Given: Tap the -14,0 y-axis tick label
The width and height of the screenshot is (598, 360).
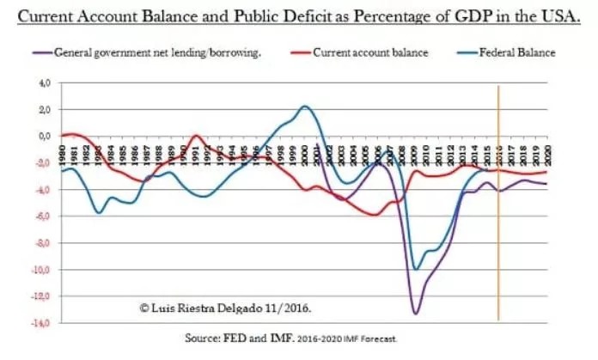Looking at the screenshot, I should pyautogui.click(x=40, y=323).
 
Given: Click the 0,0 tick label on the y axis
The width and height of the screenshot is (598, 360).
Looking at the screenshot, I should pyautogui.click(x=43, y=136).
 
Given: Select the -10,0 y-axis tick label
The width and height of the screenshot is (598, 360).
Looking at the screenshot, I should pyautogui.click(x=40, y=270).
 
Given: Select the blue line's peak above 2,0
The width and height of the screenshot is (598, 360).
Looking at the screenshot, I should pyautogui.click(x=305, y=107).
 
